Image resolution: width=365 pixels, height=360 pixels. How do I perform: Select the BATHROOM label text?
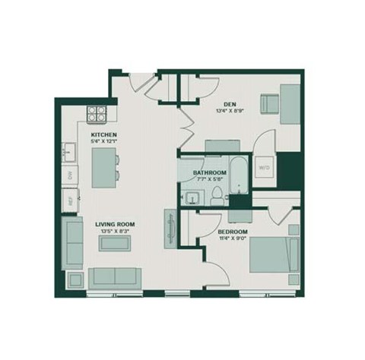(210, 173)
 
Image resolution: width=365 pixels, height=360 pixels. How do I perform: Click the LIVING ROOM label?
(115, 224)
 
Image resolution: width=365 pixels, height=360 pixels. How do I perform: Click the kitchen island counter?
(101, 168)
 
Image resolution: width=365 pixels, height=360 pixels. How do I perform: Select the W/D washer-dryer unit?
(264, 166)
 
